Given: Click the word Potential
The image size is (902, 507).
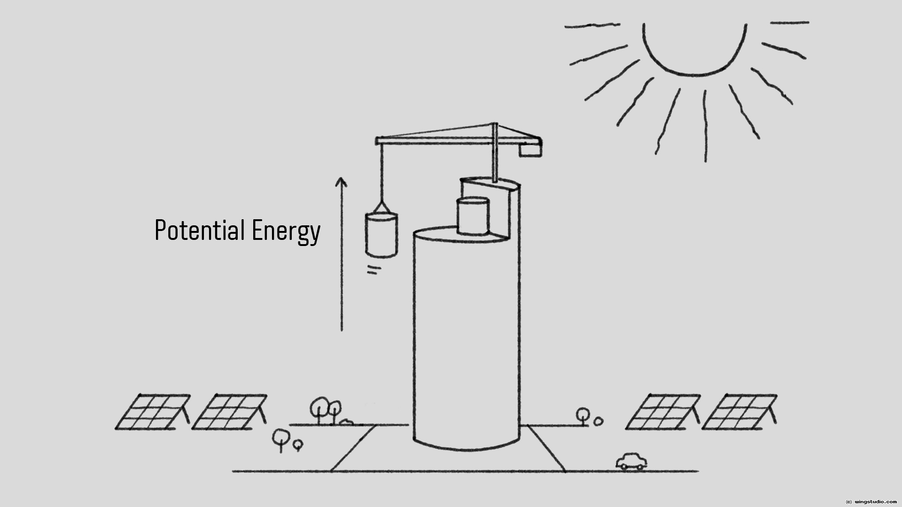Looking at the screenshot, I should pos(199,230).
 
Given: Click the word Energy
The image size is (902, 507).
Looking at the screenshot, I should pos(286,231).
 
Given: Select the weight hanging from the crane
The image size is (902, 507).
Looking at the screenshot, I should pos(381,235).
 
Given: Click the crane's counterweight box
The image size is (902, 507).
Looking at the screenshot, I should pos(530,150).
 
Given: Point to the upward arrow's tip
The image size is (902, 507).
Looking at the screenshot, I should pos(341,179).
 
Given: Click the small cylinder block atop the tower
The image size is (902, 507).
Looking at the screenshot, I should pos(473,216).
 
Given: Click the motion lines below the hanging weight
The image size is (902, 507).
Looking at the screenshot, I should pos(373,270).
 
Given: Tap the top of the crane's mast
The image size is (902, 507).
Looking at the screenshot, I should pos(494,125).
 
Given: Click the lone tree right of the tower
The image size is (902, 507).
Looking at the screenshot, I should pos(583,415).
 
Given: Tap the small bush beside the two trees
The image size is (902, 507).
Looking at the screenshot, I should pos(346,422).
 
